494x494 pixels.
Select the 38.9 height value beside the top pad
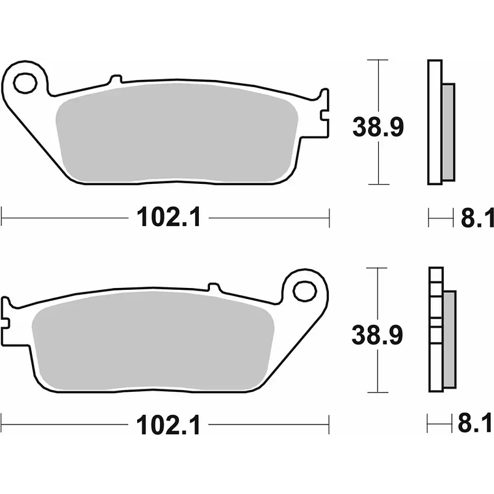coord(378,127)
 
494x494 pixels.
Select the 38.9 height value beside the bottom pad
coord(378,335)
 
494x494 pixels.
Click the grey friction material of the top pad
coord(175,133)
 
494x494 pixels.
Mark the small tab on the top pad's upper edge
coord(116,80)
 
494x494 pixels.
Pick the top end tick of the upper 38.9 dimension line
coord(378,60)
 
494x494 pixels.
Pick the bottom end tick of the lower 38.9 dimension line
coord(378,392)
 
